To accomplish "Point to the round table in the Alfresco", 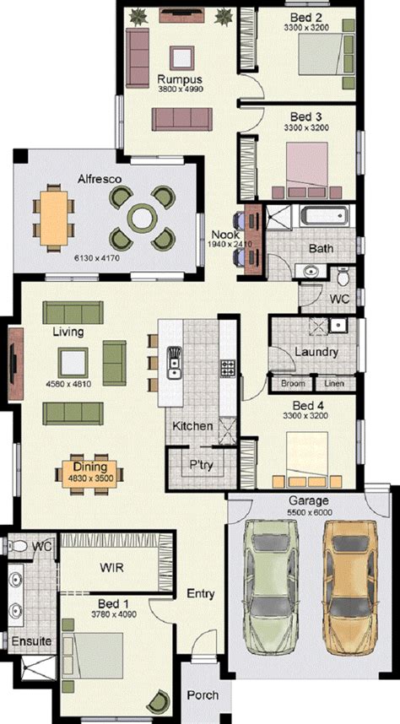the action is (143, 218).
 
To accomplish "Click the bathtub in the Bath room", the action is (322, 216).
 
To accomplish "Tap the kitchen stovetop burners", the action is (228, 368).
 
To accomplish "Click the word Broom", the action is (293, 383).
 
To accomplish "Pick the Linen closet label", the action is (334, 383).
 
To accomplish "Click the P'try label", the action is (202, 464).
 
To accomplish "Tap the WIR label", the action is (111, 567).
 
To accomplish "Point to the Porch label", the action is (203, 695).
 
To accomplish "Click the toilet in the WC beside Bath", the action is (343, 277).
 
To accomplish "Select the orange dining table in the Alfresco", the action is (53, 218).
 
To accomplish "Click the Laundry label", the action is (316, 352).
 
